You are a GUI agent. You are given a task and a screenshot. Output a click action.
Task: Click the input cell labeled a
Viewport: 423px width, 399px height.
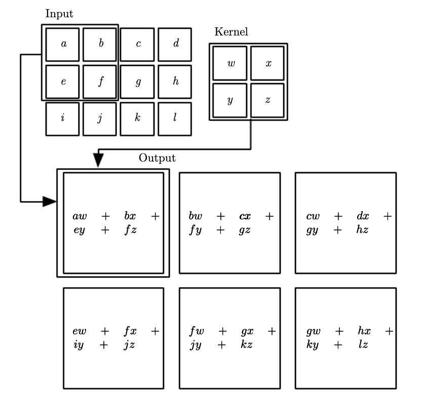tap(63, 44)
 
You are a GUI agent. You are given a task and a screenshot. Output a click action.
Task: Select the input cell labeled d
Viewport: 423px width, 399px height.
tap(175, 44)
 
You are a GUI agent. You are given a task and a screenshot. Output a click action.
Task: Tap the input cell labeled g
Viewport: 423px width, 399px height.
tap(138, 82)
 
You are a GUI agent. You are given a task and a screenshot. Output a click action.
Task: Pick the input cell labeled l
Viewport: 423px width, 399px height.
tap(175, 119)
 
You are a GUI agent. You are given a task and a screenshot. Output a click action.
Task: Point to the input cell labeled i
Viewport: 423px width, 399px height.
tap(63, 119)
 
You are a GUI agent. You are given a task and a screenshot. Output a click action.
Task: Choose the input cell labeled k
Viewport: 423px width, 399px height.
tap(138, 119)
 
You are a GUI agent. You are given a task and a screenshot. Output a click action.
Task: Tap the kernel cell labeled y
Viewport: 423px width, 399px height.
tap(230, 101)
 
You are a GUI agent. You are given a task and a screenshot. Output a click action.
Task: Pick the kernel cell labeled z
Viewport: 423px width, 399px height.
tap(268, 101)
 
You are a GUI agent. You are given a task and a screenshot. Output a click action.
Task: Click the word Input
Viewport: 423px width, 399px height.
tap(59, 14)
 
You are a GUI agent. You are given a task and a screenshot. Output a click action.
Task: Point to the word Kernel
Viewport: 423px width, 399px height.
tap(231, 32)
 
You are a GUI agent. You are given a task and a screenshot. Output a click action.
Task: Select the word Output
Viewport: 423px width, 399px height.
tap(157, 158)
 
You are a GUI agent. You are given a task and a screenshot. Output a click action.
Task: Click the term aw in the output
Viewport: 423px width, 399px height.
tap(80, 217)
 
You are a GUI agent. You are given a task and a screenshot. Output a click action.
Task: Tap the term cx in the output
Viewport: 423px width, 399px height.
tap(245, 217)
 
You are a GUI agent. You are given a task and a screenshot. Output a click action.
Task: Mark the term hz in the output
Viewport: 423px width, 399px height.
tap(362, 229)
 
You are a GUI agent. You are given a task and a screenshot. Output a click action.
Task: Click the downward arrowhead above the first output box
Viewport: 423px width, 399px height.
tap(99, 160)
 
